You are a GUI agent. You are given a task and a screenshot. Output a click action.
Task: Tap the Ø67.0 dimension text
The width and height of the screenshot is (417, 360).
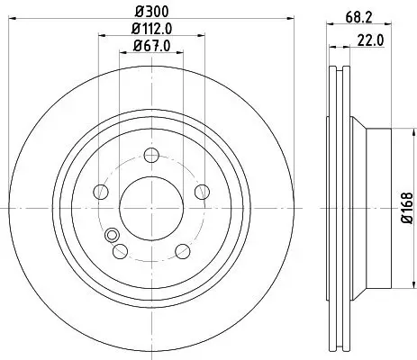click(x=150, y=49)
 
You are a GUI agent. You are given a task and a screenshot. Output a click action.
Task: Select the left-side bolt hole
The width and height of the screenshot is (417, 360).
click(x=98, y=190)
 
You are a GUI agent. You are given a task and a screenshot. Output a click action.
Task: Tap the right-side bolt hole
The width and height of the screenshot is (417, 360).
click(x=202, y=190)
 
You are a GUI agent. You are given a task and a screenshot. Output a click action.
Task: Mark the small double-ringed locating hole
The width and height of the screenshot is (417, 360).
click(x=113, y=236)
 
